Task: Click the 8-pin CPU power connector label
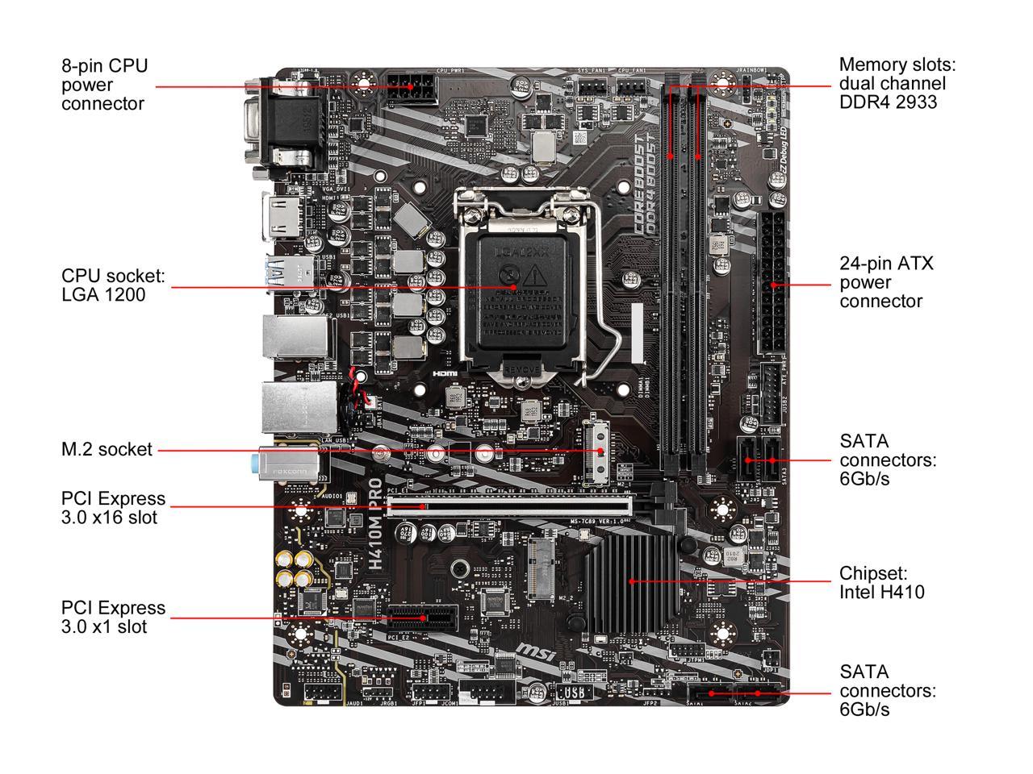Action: (x=105, y=85)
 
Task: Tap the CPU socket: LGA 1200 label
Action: (x=113, y=285)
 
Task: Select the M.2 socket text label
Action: (x=107, y=450)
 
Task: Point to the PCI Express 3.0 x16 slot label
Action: (x=113, y=508)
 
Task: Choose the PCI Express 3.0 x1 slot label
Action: (x=113, y=617)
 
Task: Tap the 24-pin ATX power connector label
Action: (x=886, y=282)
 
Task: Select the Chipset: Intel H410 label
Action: (x=881, y=583)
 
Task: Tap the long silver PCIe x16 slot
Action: (x=508, y=506)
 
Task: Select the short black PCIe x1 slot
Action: (x=421, y=619)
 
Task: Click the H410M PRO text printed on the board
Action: (x=376, y=524)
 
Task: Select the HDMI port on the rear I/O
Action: (x=278, y=218)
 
